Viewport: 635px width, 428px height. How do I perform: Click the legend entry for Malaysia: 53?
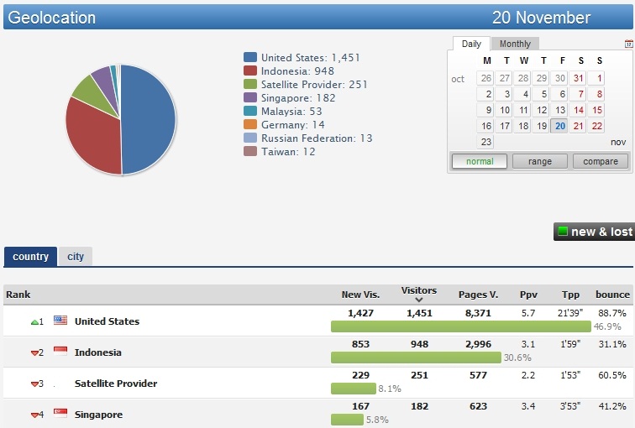pyautogui.click(x=291, y=112)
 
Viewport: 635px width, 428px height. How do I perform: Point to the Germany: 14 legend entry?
pyautogui.click(x=292, y=125)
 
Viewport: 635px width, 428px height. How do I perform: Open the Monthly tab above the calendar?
pyautogui.click(x=515, y=44)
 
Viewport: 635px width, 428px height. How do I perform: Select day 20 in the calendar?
pyautogui.click(x=560, y=126)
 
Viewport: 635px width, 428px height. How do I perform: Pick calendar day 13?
pyautogui.click(x=560, y=110)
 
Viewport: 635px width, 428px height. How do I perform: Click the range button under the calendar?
pyautogui.click(x=540, y=161)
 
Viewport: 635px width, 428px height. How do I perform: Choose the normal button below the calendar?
pyautogui.click(x=480, y=161)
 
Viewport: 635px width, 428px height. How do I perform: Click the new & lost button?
pyautogui.click(x=594, y=232)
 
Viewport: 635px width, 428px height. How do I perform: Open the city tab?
pyautogui.click(x=76, y=257)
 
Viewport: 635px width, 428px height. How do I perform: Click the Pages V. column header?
pyautogui.click(x=478, y=295)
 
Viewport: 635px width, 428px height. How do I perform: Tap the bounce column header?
pyautogui.click(x=612, y=295)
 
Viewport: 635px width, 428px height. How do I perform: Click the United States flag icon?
pyautogui.click(x=60, y=321)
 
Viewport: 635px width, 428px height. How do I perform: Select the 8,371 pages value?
pyautogui.click(x=478, y=313)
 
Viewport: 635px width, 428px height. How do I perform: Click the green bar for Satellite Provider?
pyautogui.click(x=353, y=389)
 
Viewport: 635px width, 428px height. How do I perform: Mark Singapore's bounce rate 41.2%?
pyautogui.click(x=611, y=406)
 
